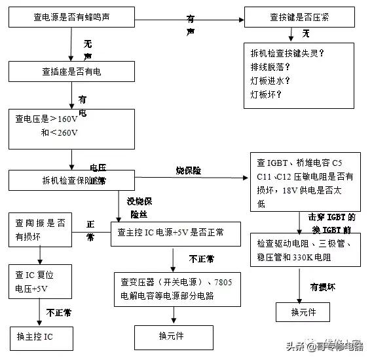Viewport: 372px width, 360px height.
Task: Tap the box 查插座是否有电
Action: pos(72,71)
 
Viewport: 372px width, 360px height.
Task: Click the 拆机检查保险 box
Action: pos(72,180)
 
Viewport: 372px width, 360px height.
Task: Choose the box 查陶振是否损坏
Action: pos(41,228)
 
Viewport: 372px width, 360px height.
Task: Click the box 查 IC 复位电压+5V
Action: pos(41,281)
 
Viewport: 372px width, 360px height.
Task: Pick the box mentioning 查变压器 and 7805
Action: pos(176,289)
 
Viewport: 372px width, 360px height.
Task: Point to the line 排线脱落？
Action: pos(270,68)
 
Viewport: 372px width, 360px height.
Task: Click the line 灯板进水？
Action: pos(270,81)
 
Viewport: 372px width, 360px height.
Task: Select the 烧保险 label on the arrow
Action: pos(188,170)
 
